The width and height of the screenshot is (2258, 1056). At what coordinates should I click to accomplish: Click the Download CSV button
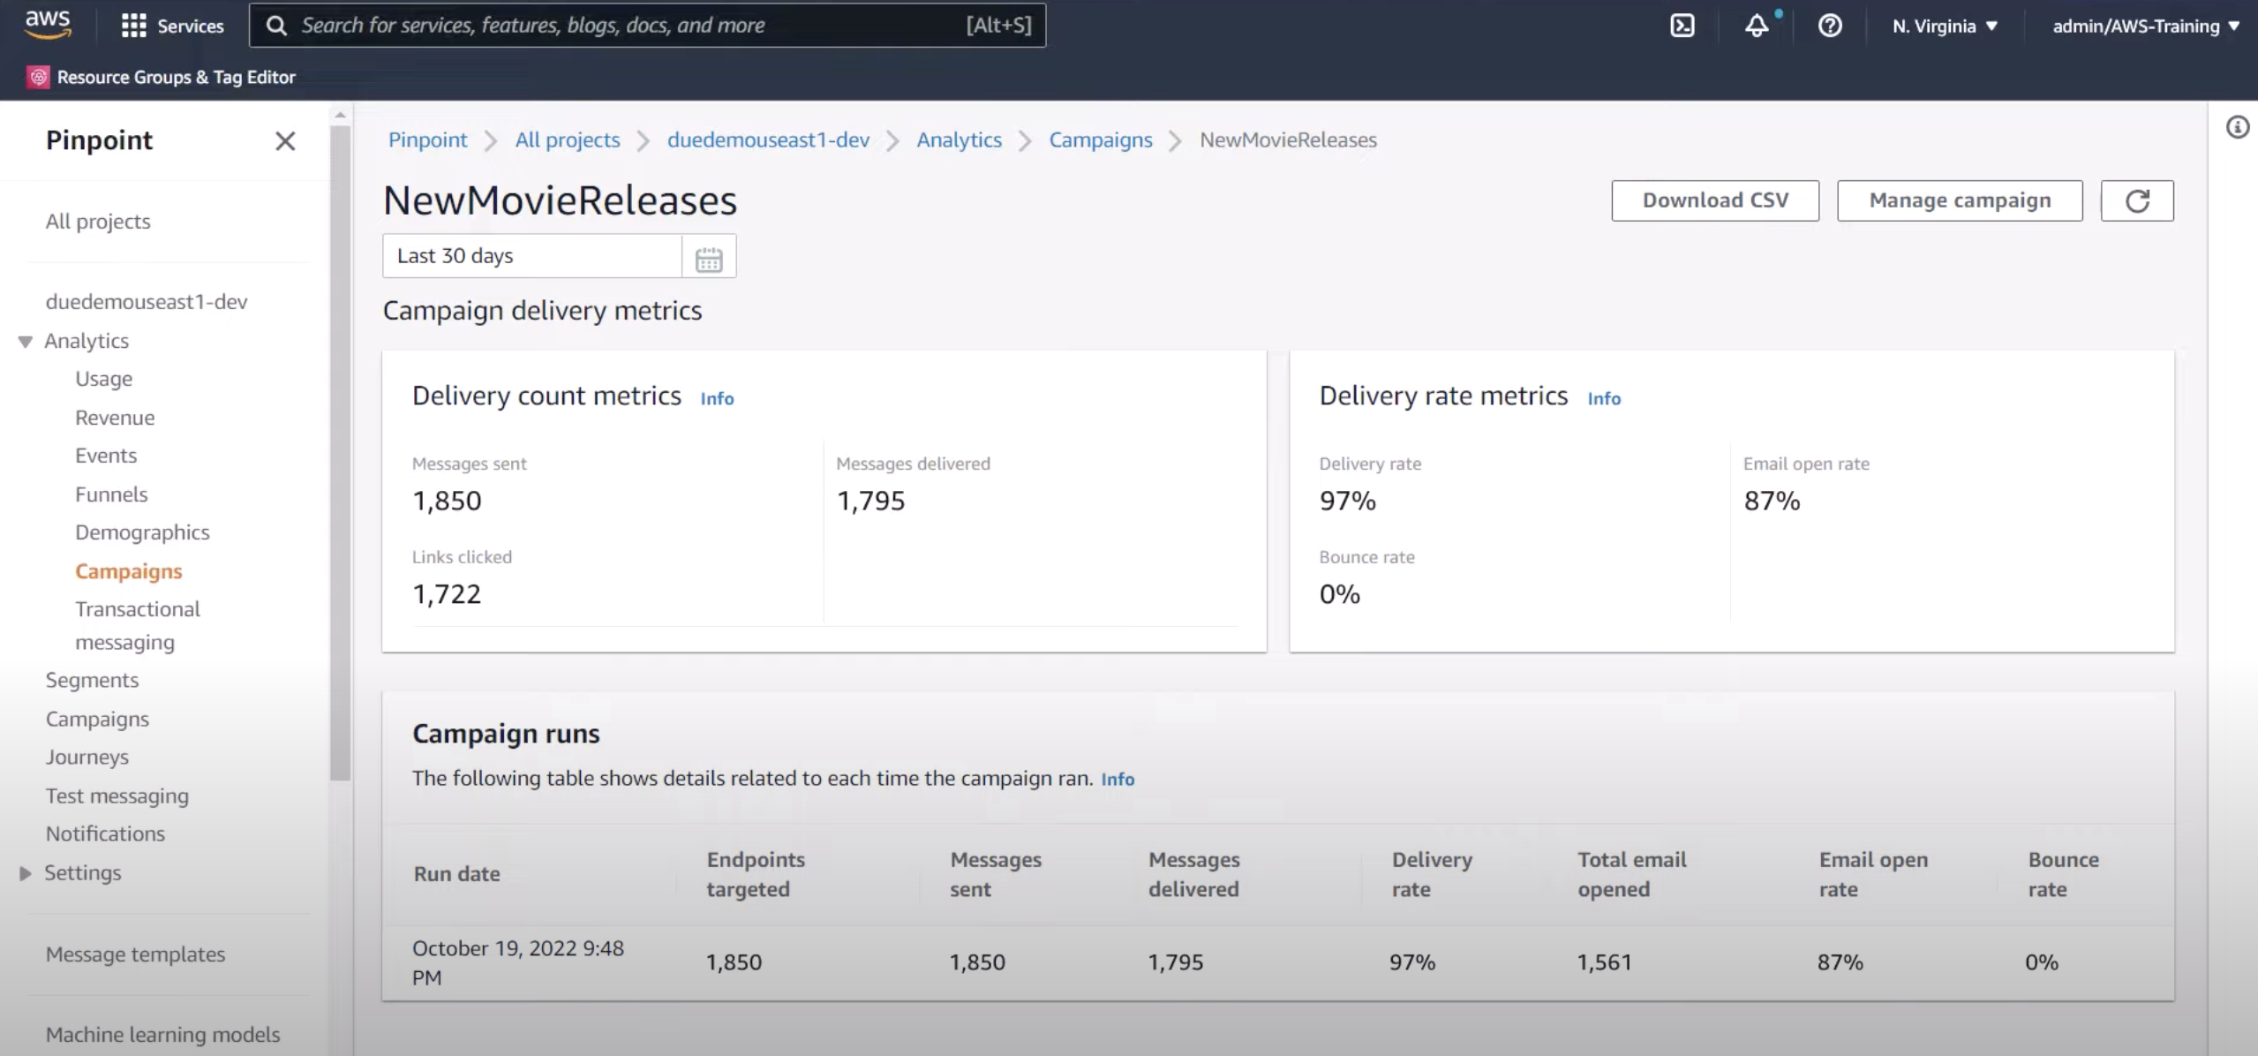[1714, 200]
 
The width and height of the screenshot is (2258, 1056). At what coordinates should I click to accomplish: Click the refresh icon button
[2136, 200]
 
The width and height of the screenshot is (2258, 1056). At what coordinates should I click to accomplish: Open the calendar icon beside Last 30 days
[708, 257]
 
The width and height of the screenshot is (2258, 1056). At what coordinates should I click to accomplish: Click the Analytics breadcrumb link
[959, 140]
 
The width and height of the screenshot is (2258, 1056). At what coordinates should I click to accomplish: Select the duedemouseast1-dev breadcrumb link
[768, 140]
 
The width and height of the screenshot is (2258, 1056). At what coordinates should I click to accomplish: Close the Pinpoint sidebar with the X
[284, 141]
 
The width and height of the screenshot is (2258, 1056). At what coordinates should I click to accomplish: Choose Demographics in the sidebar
[142, 532]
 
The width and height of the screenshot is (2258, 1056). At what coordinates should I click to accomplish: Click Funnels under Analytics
[111, 494]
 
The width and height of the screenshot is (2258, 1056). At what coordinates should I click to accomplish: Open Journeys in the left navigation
[87, 757]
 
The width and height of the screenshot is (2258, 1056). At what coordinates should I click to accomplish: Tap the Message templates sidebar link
[135, 954]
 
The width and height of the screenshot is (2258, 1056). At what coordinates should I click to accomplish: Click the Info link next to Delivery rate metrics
[1603, 398]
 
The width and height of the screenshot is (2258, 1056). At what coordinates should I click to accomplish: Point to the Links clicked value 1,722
[447, 594]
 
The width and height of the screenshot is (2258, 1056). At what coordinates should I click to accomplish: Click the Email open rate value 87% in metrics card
[1771, 501]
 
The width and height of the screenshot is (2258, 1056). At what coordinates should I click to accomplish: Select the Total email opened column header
[1631, 874]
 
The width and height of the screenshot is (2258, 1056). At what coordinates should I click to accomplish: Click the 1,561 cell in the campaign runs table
[1604, 962]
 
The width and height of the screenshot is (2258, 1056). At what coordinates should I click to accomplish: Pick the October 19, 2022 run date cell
[517, 962]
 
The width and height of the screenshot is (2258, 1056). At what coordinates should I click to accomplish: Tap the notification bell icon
[1756, 26]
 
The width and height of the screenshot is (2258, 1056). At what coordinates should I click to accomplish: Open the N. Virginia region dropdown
[1944, 26]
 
